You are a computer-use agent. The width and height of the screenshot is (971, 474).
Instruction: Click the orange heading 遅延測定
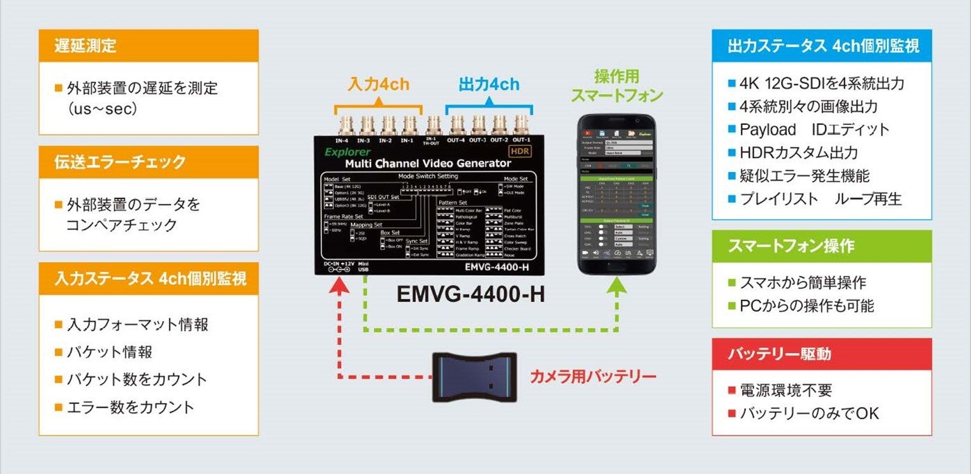click(85, 46)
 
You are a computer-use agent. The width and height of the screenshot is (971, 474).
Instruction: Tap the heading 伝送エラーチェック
click(120, 162)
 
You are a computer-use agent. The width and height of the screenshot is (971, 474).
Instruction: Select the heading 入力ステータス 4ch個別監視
click(150, 278)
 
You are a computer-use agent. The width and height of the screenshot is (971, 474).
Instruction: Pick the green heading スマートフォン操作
click(791, 247)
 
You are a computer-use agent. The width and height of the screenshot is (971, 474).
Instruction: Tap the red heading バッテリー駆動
click(779, 354)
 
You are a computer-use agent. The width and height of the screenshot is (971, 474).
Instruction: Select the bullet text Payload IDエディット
click(814, 129)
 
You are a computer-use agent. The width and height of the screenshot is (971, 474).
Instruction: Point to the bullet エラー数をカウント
click(130, 407)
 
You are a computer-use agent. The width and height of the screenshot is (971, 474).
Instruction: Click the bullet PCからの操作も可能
click(807, 306)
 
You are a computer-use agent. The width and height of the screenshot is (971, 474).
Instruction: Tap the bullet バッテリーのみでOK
click(809, 413)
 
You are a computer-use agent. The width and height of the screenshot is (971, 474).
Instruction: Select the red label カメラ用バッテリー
click(593, 377)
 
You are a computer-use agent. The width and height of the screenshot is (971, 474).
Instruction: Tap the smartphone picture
click(617, 194)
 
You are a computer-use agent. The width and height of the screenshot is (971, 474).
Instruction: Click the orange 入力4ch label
click(378, 84)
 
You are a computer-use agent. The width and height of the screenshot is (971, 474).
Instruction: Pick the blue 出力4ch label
click(489, 84)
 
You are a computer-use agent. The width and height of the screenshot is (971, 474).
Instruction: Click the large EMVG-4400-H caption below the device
click(471, 294)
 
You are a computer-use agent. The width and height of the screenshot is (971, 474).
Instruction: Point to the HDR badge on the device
click(520, 151)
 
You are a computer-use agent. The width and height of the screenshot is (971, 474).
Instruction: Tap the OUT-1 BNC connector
click(520, 123)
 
